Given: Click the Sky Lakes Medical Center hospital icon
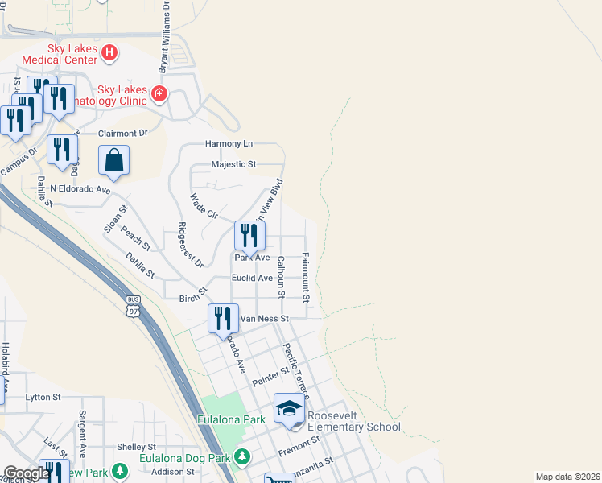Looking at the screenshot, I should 110,53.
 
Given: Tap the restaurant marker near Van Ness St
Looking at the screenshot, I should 223,318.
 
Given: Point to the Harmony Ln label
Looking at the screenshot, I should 229,144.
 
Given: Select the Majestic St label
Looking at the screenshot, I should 233,164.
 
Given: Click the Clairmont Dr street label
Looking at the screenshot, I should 123,134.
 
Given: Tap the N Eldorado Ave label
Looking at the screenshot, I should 80,189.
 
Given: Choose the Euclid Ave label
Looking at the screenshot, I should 253,278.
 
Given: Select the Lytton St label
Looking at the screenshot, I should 43,398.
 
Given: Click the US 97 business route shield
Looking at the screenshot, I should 134,307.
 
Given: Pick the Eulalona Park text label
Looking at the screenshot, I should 232,419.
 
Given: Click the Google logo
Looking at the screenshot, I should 27,473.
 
